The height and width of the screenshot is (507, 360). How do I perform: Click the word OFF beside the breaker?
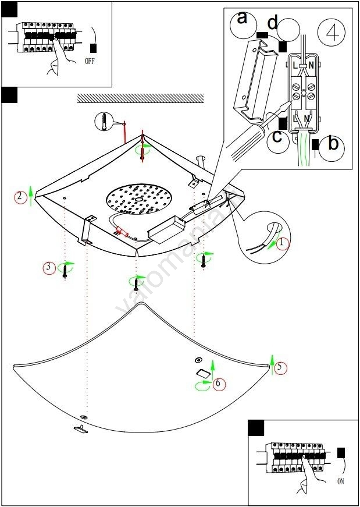(89, 60)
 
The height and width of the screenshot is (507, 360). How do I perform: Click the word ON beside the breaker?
(340, 481)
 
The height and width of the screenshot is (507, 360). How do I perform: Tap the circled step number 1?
(282, 243)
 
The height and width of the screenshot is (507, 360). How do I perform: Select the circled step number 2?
(21, 197)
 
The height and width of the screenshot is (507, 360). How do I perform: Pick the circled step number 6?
(218, 384)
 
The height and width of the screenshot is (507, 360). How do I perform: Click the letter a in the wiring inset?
(243, 19)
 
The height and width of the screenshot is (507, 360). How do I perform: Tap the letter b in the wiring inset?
(333, 144)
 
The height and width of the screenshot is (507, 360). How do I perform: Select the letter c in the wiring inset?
(277, 137)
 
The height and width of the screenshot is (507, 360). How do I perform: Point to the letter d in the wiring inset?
(273, 23)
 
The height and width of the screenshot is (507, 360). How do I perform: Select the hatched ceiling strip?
(140, 98)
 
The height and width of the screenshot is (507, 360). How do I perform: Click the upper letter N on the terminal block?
(312, 66)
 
